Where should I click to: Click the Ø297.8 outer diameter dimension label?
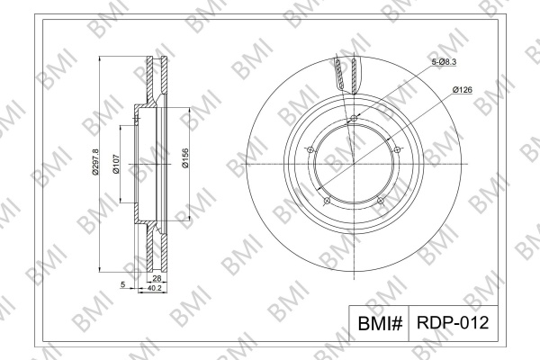click(94, 162)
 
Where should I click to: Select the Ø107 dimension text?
click(116, 164)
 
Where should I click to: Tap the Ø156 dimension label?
click(185, 158)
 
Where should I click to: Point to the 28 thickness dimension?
click(157, 278)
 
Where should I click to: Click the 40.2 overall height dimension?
click(154, 289)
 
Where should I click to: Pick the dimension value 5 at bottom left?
click(122, 284)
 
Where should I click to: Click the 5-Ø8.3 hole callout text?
click(445, 62)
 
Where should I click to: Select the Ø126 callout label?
click(463, 90)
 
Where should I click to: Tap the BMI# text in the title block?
click(380, 323)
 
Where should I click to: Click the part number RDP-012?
click(453, 323)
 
